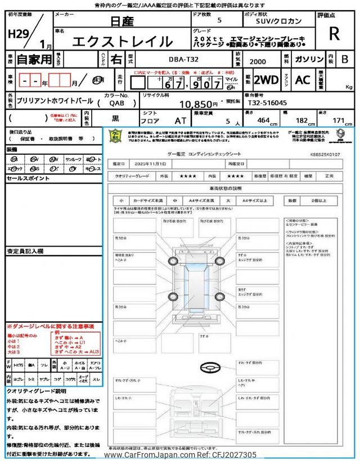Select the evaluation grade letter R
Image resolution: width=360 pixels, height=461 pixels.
334,34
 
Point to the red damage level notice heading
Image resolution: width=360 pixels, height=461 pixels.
50,326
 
